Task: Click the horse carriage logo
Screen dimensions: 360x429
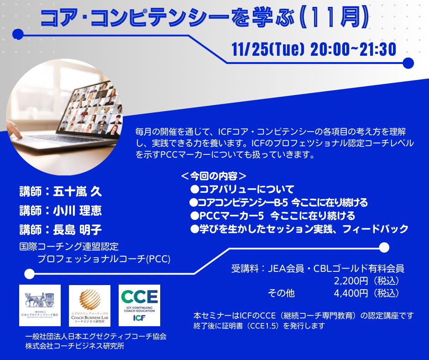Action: (x=40, y=305)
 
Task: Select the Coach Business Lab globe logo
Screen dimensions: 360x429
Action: (x=89, y=305)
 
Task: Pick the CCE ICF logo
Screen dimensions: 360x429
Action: (x=139, y=305)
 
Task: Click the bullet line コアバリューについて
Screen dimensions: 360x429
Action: (x=246, y=189)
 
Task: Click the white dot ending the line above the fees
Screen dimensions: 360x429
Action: (x=384, y=247)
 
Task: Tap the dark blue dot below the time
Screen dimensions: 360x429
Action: (x=408, y=63)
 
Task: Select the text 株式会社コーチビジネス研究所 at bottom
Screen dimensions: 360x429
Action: (x=75, y=346)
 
